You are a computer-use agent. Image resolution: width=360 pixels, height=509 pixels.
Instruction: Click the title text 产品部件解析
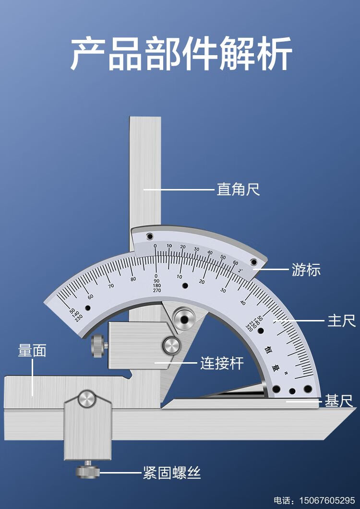click(181, 54)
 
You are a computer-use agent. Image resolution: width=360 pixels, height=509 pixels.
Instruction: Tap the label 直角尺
click(238, 189)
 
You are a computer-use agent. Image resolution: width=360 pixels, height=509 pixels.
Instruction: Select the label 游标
click(306, 270)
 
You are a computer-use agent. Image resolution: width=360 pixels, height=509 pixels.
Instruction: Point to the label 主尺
click(341, 320)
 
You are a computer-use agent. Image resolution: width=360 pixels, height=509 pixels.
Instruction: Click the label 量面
click(32, 351)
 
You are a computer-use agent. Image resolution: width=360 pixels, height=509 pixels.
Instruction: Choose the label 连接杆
click(222, 363)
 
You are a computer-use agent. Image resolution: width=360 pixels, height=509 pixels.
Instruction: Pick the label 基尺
click(339, 401)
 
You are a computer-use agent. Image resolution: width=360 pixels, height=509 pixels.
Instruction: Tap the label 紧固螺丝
click(171, 473)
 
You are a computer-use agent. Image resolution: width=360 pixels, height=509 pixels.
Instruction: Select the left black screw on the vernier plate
click(149, 236)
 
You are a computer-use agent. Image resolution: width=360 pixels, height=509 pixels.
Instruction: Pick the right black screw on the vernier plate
click(253, 262)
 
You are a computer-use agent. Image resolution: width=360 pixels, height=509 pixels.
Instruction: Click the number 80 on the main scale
click(133, 279)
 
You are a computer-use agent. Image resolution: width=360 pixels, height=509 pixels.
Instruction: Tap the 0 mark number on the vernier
click(155, 246)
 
